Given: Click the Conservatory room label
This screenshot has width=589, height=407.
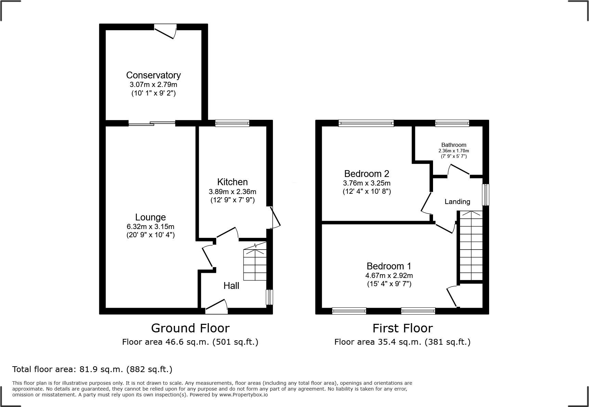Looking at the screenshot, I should click(153, 75).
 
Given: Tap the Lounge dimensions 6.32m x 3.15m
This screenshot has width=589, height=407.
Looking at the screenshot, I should click(150, 227).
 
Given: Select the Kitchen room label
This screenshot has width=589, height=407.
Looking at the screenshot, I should click(232, 182).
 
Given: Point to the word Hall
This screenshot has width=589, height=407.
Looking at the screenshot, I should click(231, 285).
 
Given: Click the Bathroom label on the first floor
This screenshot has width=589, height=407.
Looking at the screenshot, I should click(454, 145).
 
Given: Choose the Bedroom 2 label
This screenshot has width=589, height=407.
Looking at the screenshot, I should click(367, 174).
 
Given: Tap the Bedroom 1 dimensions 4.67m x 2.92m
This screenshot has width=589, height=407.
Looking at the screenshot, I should click(389, 276).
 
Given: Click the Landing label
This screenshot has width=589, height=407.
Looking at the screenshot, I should click(457, 202).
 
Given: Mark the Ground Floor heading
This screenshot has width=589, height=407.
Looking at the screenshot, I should click(190, 328).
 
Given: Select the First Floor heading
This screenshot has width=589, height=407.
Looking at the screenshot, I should click(403, 328).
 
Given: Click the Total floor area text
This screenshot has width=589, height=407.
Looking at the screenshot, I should click(92, 369).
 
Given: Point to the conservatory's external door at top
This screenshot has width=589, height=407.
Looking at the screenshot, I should click(166, 31).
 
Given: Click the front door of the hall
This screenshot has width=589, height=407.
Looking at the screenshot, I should click(217, 307).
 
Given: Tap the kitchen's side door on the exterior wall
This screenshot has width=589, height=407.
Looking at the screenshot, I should click(274, 217).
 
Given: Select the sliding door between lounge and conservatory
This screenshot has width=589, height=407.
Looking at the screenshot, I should click(152, 123).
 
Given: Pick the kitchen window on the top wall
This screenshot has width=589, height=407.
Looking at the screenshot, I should click(232, 123).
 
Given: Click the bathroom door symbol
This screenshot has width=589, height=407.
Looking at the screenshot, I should click(458, 170).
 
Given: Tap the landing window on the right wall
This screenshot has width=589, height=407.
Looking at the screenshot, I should click(486, 195).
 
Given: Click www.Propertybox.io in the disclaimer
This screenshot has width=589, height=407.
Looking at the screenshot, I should click(244, 395).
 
